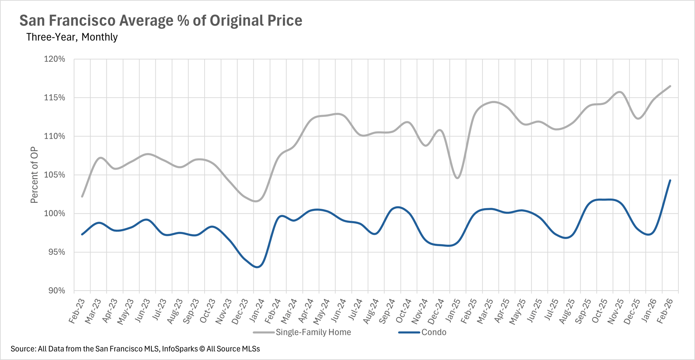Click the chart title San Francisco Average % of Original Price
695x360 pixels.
click(x=161, y=21)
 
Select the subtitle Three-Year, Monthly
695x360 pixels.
click(x=72, y=37)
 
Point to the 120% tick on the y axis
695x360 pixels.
click(x=55, y=59)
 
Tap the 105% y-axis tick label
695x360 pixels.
click(x=55, y=175)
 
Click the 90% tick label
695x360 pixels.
click(x=56, y=291)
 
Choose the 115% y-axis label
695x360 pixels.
click(x=55, y=98)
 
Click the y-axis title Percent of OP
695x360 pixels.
click(x=34, y=175)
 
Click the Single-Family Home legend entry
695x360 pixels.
click(x=313, y=332)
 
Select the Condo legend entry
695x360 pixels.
click(x=434, y=332)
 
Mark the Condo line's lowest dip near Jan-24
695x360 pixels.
click(x=257, y=267)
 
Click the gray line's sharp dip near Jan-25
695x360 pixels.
click(x=458, y=178)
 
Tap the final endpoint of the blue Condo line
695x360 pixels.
click(x=670, y=180)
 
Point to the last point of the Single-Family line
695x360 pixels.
click(x=670, y=86)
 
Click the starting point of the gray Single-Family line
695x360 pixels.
click(x=82, y=196)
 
